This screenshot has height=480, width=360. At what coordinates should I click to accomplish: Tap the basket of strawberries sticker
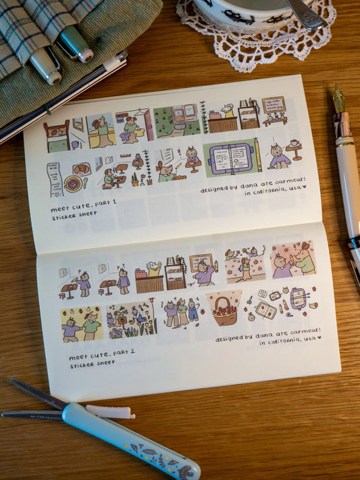[x=224, y=310]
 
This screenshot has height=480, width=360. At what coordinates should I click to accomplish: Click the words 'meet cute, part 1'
[x=83, y=203]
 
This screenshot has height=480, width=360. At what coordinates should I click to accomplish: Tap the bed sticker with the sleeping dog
[x=57, y=137]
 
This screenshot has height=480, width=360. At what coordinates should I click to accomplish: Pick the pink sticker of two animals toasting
[x=292, y=259]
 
